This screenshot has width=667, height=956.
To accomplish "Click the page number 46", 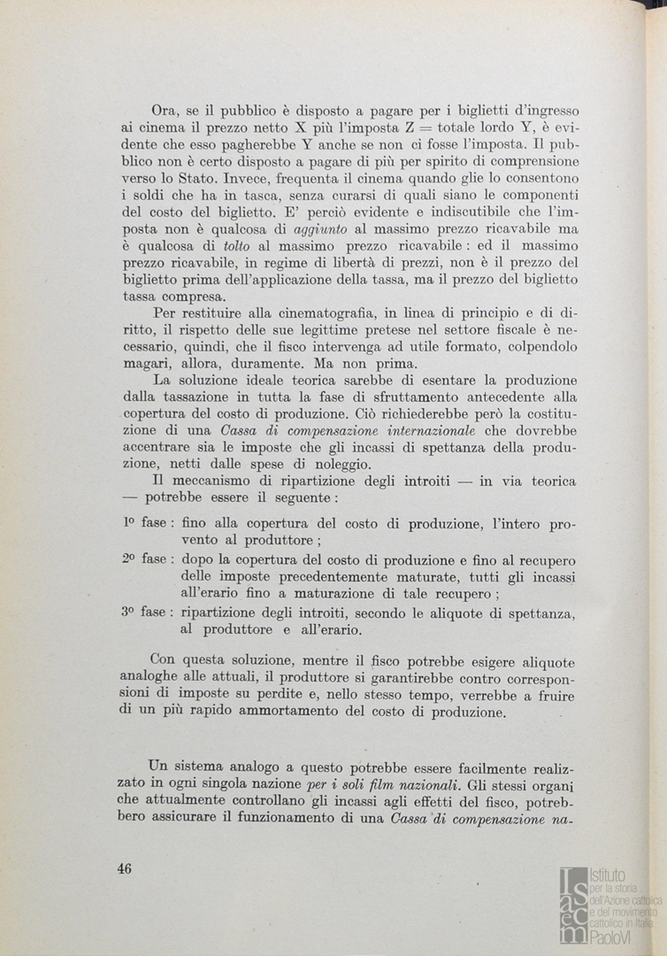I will (124, 868).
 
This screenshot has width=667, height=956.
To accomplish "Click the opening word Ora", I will (165, 112).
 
